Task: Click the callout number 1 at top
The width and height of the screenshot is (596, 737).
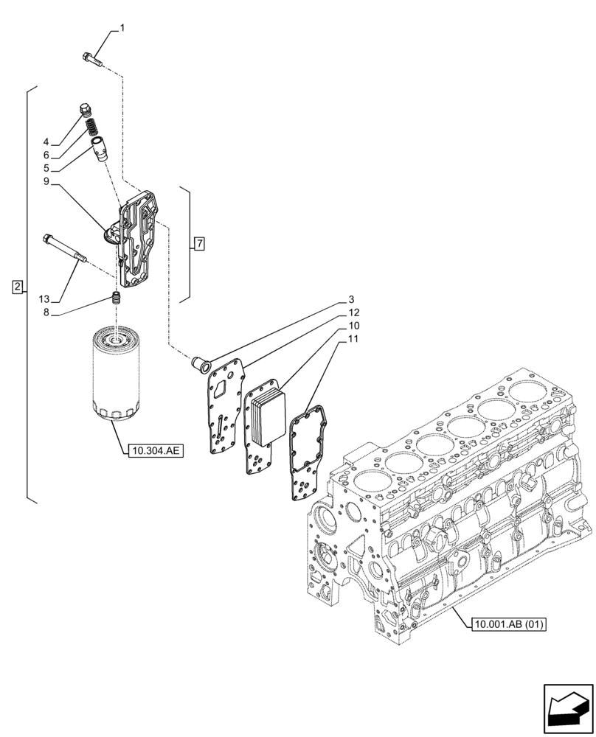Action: point(122,29)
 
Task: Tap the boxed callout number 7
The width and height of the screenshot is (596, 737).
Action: point(199,243)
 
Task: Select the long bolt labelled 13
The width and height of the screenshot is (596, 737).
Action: point(65,248)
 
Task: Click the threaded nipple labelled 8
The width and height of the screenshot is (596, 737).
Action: point(114,298)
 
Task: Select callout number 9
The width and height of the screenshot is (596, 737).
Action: point(46,181)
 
